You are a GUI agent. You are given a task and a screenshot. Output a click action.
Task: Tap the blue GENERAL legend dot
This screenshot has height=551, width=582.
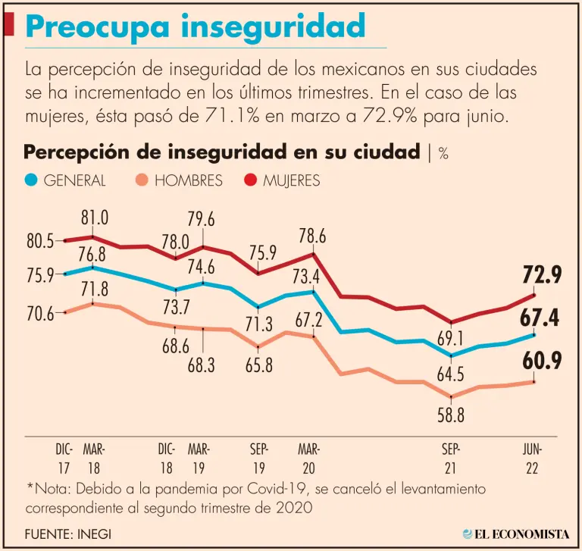(31, 180)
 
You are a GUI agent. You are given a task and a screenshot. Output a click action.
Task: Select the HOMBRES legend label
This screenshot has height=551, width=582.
(188, 180)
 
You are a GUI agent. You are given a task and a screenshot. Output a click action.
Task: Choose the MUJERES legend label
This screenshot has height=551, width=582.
(292, 180)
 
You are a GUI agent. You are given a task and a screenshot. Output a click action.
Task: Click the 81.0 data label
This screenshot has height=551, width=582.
(95, 219)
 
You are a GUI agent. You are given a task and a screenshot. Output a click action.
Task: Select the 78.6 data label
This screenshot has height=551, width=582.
(311, 236)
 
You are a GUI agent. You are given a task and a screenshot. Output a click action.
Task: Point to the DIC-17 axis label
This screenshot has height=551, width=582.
(64, 458)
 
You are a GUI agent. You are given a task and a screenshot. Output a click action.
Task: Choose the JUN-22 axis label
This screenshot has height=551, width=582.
(532, 458)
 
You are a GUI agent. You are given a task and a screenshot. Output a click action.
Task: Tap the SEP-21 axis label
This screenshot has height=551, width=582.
(452, 458)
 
